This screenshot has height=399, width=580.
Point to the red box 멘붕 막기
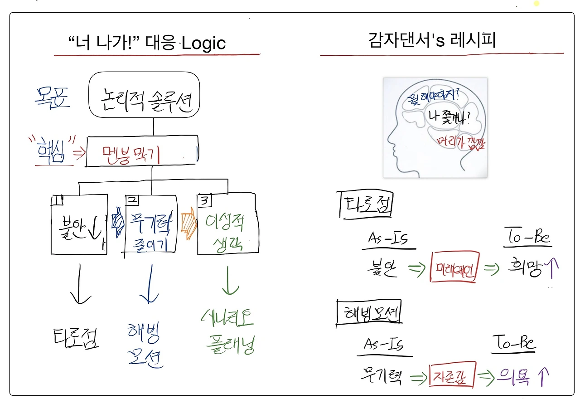point(142,151)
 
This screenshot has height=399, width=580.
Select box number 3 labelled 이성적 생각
point(228,224)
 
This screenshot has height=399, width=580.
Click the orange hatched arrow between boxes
point(188,224)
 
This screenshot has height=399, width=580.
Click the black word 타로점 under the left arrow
point(75,337)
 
